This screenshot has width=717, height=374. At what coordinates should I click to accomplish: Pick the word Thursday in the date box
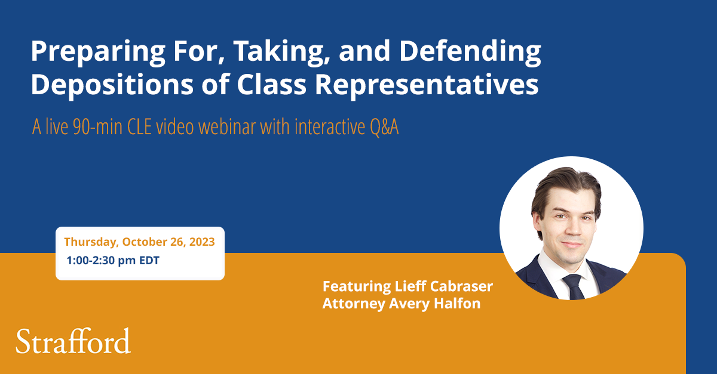(x=90, y=242)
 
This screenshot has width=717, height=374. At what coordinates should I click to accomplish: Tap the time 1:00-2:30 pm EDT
(x=113, y=261)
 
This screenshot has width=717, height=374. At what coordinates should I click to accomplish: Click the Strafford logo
(x=73, y=341)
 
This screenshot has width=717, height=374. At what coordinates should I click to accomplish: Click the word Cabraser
(x=461, y=286)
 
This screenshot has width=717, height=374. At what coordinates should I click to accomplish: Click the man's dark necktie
(x=573, y=287)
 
